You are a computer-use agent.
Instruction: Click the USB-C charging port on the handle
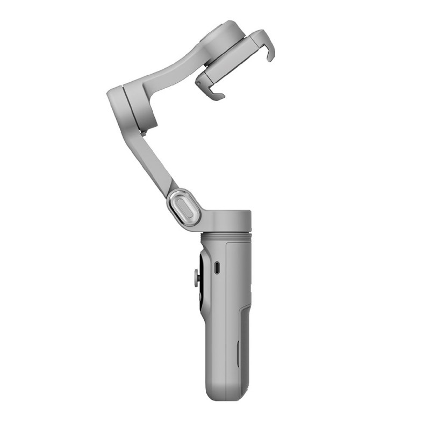tap(217, 268)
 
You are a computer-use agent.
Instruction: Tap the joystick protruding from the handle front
tap(195, 278)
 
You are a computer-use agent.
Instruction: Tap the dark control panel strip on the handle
tap(201, 279)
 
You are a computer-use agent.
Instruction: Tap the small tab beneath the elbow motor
tap(143, 131)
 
